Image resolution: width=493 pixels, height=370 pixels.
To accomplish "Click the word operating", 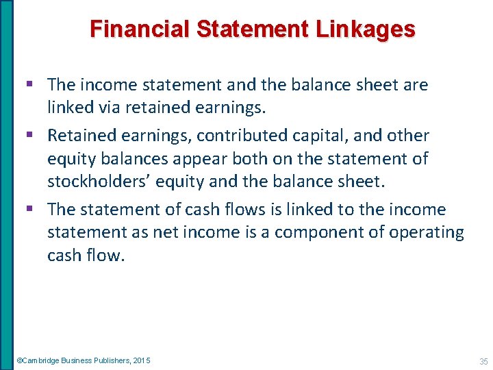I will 427,232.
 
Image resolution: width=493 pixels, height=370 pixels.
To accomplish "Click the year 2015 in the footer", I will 142,360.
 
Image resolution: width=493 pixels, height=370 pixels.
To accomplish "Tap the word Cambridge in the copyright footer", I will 40,360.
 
